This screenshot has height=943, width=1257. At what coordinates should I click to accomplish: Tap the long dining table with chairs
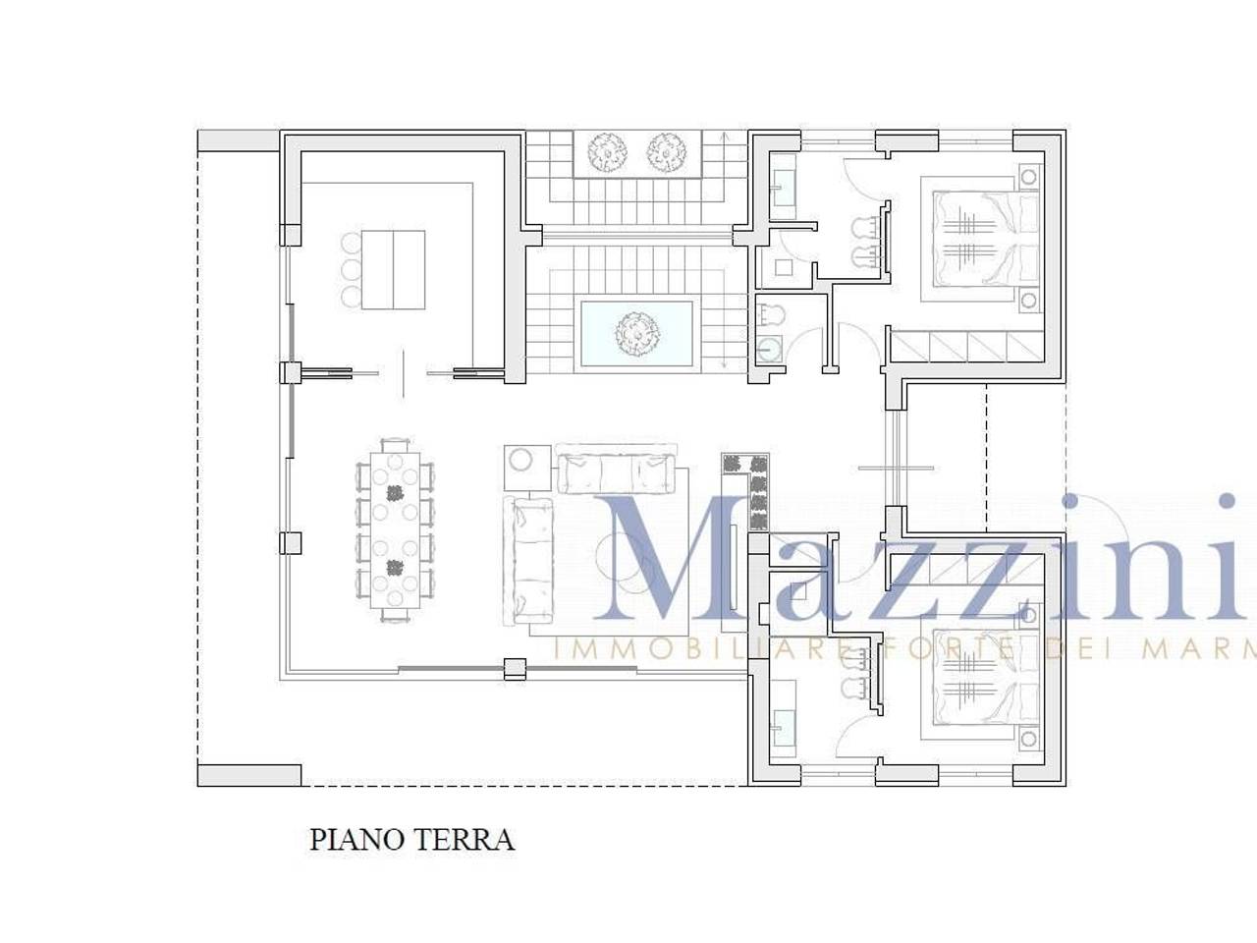pos(395,530)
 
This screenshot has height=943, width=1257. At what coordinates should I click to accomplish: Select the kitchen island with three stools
pos(392,269)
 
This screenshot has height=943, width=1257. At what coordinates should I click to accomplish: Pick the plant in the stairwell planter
pos(636,334)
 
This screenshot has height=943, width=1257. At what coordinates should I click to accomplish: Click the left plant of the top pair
pos(607,151)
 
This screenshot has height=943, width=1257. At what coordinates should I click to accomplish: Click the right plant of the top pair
pos(665,151)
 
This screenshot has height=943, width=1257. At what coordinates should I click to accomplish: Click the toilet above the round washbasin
pos(772,314)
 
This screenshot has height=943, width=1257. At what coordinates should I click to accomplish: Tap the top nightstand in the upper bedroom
pos(1028,178)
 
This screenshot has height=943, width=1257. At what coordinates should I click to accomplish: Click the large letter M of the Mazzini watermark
pos(678,560)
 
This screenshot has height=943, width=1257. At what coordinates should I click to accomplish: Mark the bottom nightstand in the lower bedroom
pos(1028,740)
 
